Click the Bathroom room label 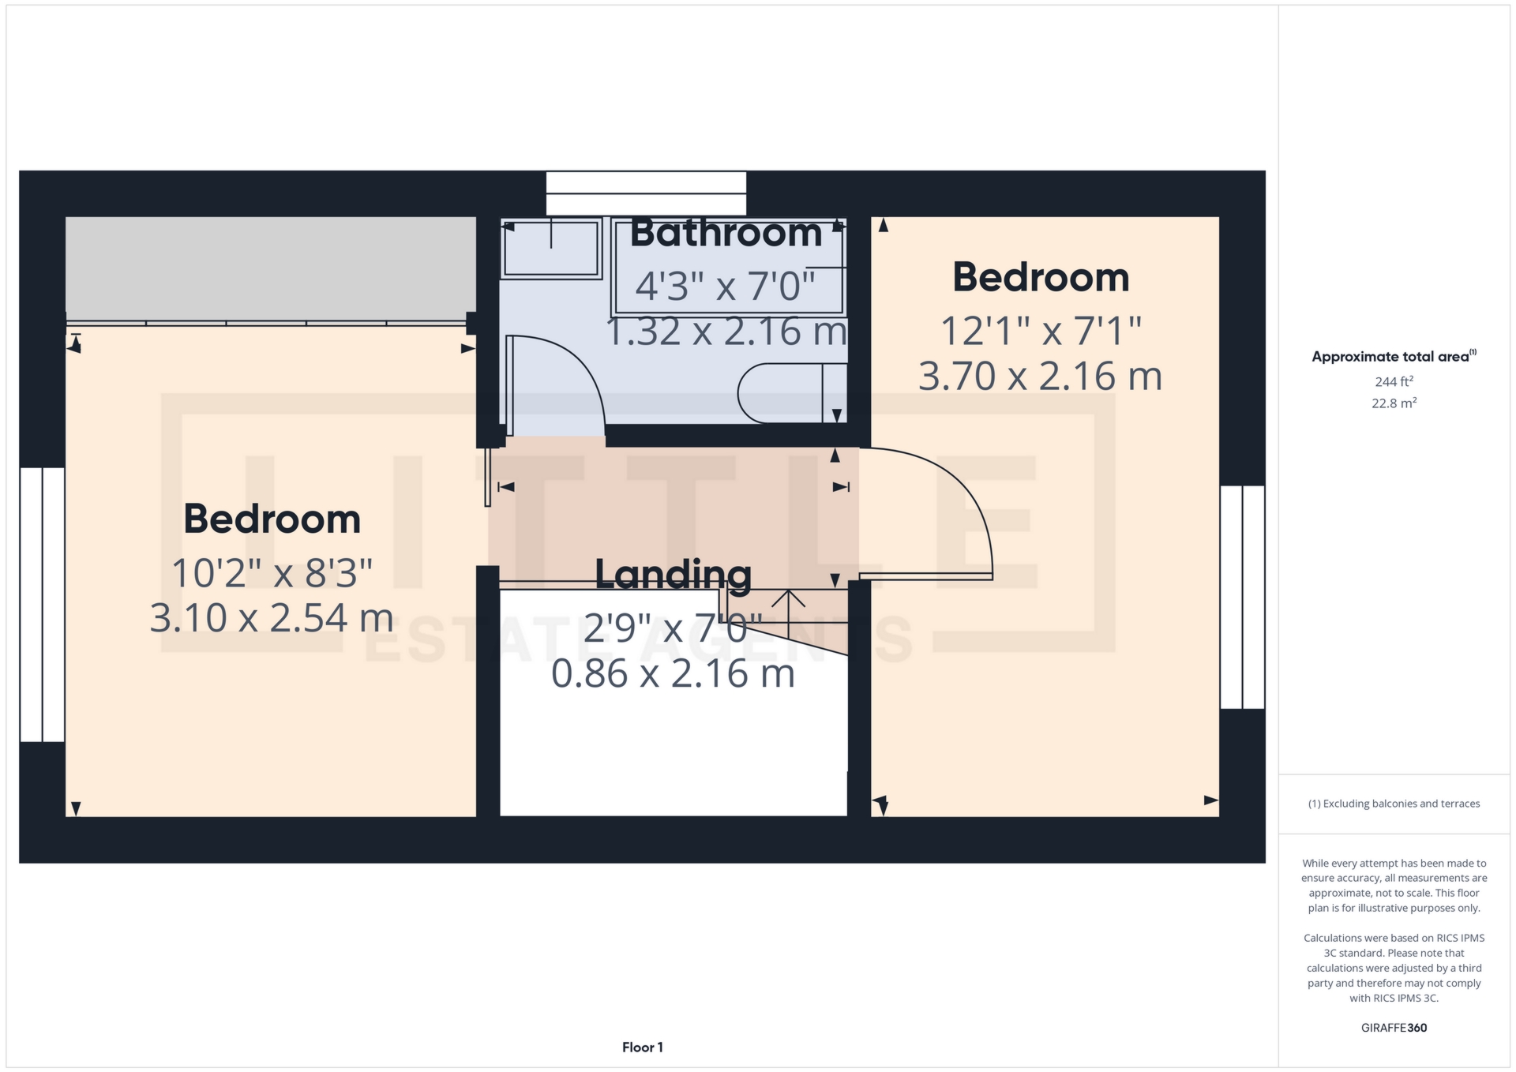coord(726,233)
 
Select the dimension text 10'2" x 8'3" coord(272,572)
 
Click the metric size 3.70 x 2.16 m coord(1040,376)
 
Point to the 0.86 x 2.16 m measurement coord(673,673)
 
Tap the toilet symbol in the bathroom coord(792,393)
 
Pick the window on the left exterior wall coord(42,605)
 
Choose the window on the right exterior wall coord(1242,597)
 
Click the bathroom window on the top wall coord(646,193)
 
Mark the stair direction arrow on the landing coord(788,608)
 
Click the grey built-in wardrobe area coord(271,268)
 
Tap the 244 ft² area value coord(1394,382)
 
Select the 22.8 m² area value coord(1394,403)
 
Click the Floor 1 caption coord(643,1048)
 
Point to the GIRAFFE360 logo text coord(1394,1028)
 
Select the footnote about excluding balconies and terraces coord(1394,804)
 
